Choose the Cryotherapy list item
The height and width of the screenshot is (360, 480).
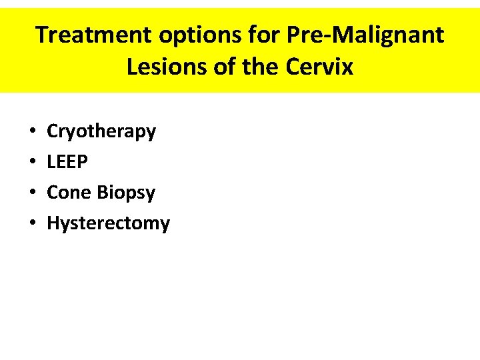pyautogui.click(x=101, y=132)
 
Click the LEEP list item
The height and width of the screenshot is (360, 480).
pyautogui.click(x=67, y=162)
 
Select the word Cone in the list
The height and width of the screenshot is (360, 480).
pyautogui.click(x=69, y=193)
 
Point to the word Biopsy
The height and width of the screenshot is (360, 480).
pyautogui.click(x=127, y=193)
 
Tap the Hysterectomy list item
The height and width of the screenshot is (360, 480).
pyautogui.click(x=108, y=223)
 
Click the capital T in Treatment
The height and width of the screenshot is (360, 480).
pyautogui.click(x=42, y=35)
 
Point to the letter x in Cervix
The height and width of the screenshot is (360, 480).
pyautogui.click(x=347, y=68)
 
